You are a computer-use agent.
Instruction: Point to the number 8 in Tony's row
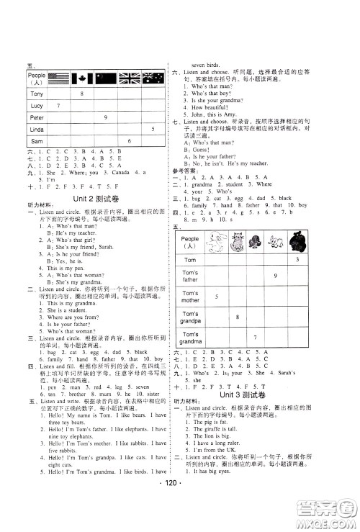tap(81, 94)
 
